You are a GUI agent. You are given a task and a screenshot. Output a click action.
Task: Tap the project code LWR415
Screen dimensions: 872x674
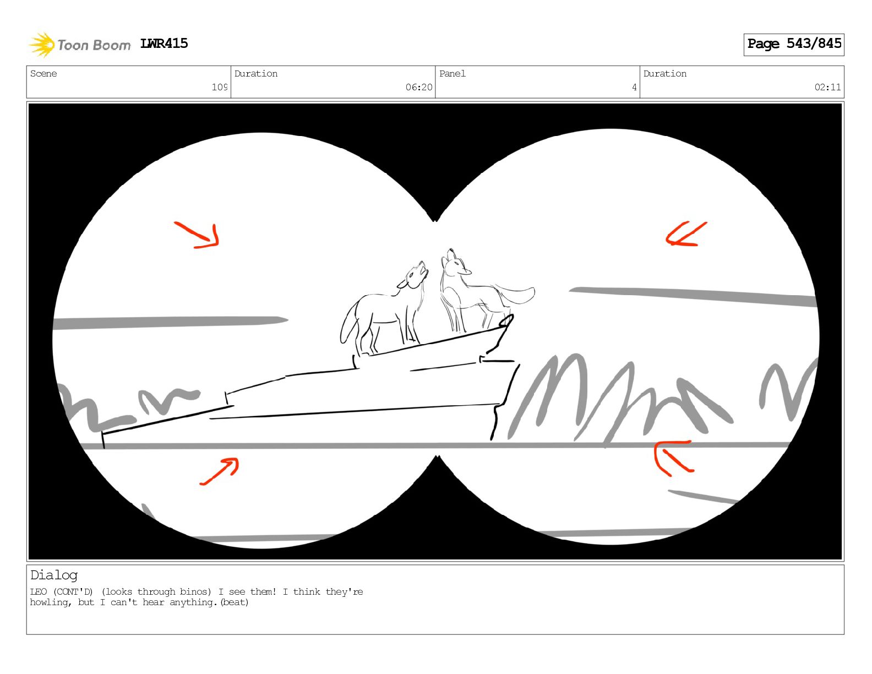tap(164, 44)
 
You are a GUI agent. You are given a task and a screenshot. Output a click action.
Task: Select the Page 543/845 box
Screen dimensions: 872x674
tap(793, 45)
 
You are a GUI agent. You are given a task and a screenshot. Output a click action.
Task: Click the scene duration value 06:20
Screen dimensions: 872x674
tap(418, 87)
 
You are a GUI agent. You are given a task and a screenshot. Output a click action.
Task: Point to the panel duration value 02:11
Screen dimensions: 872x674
tap(827, 87)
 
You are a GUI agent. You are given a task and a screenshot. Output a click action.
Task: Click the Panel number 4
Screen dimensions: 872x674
tap(634, 87)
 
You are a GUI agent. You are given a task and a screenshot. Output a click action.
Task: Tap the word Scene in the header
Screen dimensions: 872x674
tap(43, 73)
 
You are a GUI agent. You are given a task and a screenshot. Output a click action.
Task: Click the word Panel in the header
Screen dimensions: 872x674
tap(453, 73)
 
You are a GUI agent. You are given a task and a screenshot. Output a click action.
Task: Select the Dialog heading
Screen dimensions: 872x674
tap(54, 575)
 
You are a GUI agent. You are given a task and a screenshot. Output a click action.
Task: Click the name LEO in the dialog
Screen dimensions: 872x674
tap(39, 592)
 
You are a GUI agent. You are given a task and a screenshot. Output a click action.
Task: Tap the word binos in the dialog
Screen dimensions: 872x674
tap(195, 592)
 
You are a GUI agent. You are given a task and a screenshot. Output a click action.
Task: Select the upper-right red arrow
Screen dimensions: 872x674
tap(686, 233)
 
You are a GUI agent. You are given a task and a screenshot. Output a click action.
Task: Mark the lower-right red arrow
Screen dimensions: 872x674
tap(672, 458)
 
